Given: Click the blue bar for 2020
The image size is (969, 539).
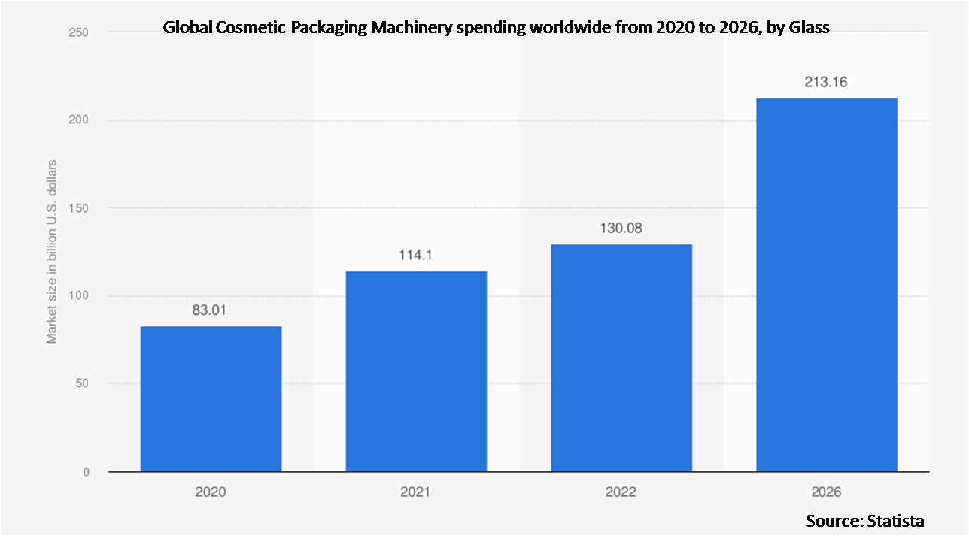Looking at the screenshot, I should coord(211,398).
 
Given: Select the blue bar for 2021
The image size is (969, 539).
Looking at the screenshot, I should coord(416,371).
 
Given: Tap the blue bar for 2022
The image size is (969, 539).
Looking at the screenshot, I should coord(621,358).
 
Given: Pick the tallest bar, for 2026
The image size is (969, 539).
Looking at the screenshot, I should coord(826,285).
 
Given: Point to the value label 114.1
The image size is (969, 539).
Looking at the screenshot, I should coord(416,255).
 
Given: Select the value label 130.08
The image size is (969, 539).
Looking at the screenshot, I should coord(621,228).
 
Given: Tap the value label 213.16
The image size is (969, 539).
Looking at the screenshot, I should coord(826,82).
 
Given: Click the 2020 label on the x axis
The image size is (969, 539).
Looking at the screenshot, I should coord(211,492).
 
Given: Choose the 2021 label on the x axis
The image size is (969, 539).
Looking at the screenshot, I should coord(416,492).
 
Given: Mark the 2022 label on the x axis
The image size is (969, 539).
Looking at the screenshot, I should coord(621,492).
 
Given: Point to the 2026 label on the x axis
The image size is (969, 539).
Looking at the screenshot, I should coord(826,492).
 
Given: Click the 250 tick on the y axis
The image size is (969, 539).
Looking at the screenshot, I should coord(78,32).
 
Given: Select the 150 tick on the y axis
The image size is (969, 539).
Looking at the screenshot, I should coord(78,208).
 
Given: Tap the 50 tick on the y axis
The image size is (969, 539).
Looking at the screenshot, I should coord(81,384).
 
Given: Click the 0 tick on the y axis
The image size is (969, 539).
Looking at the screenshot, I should coord(85,472).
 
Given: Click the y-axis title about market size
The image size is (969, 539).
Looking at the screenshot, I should coord(52,251).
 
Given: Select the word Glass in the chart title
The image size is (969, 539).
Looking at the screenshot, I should coord(809,29).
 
